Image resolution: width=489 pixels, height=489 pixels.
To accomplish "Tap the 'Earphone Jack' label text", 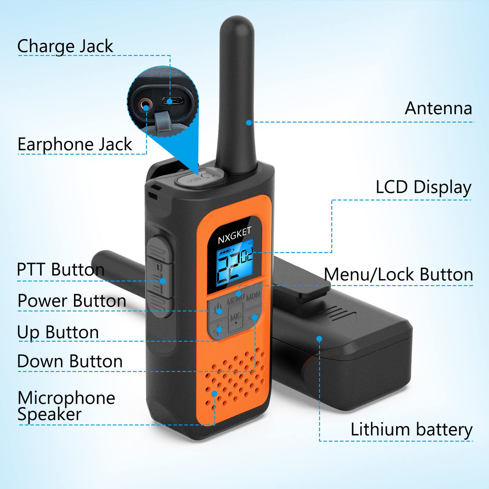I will [75, 144].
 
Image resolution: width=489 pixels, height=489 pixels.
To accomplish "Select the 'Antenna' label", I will [438, 108].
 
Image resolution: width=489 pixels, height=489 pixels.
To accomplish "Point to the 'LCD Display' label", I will [423, 187].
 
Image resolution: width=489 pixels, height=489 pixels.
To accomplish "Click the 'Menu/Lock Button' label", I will [398, 274].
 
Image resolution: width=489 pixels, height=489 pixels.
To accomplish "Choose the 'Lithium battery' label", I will [411, 429].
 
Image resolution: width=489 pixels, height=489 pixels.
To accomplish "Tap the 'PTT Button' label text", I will [61, 270].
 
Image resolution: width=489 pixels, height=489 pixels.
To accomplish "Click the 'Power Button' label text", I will [72, 301].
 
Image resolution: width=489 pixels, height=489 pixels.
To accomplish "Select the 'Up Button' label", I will [58, 332].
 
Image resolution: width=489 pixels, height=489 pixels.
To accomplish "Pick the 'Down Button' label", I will [70, 361].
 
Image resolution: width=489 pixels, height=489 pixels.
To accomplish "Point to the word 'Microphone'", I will [66, 398].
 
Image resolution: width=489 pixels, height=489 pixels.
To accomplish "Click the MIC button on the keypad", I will [236, 318].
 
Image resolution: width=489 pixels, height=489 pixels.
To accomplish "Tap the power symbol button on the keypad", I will [218, 308].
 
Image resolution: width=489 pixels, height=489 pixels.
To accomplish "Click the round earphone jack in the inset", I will [145, 106].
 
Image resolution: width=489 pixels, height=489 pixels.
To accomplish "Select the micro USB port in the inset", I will [172, 100].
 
